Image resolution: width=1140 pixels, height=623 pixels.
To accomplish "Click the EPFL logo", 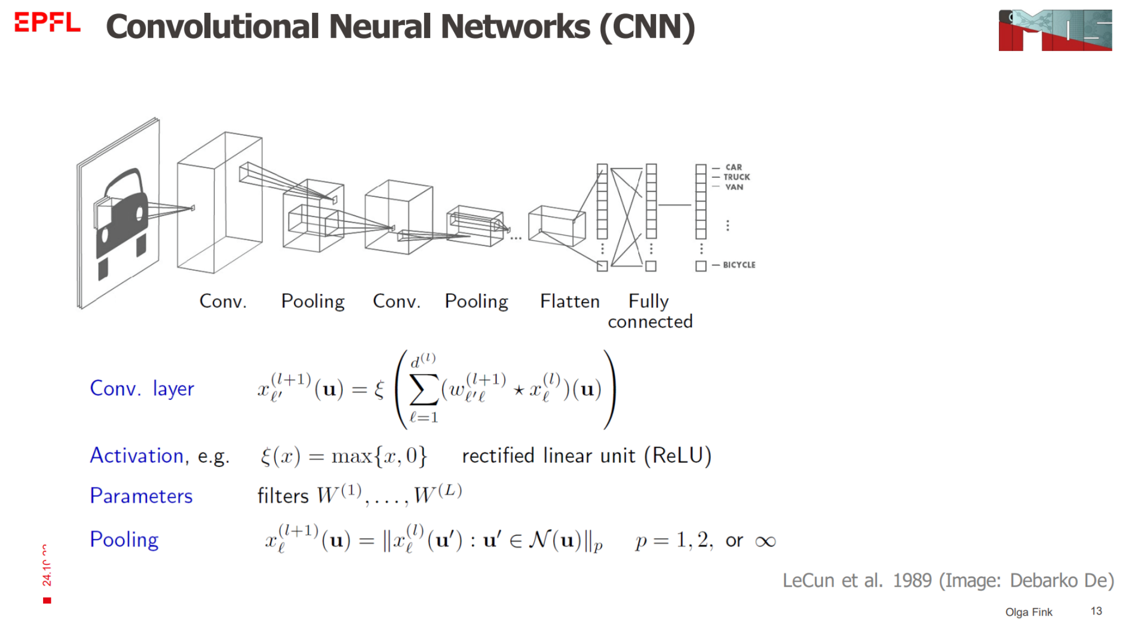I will [x=47, y=23].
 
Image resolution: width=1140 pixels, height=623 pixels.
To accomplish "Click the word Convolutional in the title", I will [x=213, y=26].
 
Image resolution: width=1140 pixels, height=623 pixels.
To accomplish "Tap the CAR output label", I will [x=733, y=167].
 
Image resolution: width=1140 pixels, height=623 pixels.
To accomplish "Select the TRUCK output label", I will [x=737, y=177].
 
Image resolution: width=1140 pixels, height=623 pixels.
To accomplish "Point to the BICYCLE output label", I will [x=739, y=265].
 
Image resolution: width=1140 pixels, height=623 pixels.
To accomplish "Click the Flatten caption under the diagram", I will [x=569, y=301].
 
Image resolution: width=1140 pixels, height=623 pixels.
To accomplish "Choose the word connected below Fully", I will [x=650, y=322].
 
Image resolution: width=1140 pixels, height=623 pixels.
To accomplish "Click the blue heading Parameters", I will [x=141, y=496].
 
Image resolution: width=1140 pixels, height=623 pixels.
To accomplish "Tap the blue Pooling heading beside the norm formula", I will [x=124, y=540].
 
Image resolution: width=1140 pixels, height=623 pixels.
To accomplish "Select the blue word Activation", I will [x=136, y=456].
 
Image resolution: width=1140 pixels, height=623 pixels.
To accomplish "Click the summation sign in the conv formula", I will [x=423, y=388].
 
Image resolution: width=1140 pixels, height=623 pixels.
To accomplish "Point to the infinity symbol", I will [x=765, y=541].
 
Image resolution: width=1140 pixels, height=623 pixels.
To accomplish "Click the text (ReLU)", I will [x=677, y=456].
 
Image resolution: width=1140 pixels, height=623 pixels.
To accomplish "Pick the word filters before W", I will [x=282, y=496].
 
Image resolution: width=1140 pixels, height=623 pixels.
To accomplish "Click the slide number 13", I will [x=1096, y=611].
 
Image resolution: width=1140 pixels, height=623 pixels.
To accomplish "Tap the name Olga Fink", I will [x=1029, y=612].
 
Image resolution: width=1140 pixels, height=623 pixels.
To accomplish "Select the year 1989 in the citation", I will [x=912, y=580].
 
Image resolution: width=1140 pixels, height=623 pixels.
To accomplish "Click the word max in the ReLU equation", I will [x=351, y=456].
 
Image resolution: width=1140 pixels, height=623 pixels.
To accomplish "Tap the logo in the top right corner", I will [x=1055, y=30].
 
